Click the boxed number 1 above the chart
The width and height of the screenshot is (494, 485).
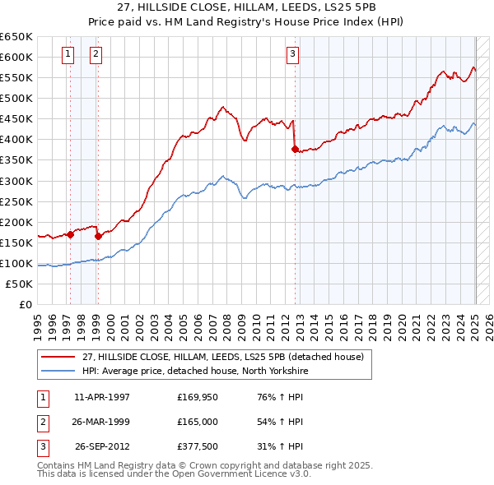(x=67, y=55)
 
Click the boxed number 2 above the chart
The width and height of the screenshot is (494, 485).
(x=96, y=55)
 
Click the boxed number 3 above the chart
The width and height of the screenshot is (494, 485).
(x=292, y=55)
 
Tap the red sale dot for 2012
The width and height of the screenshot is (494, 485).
(x=295, y=149)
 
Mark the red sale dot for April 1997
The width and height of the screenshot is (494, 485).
(x=70, y=234)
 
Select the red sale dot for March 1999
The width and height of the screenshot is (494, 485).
(x=98, y=236)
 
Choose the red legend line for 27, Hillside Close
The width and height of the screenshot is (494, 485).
(x=58, y=356)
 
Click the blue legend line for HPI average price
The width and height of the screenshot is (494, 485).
(x=58, y=371)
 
